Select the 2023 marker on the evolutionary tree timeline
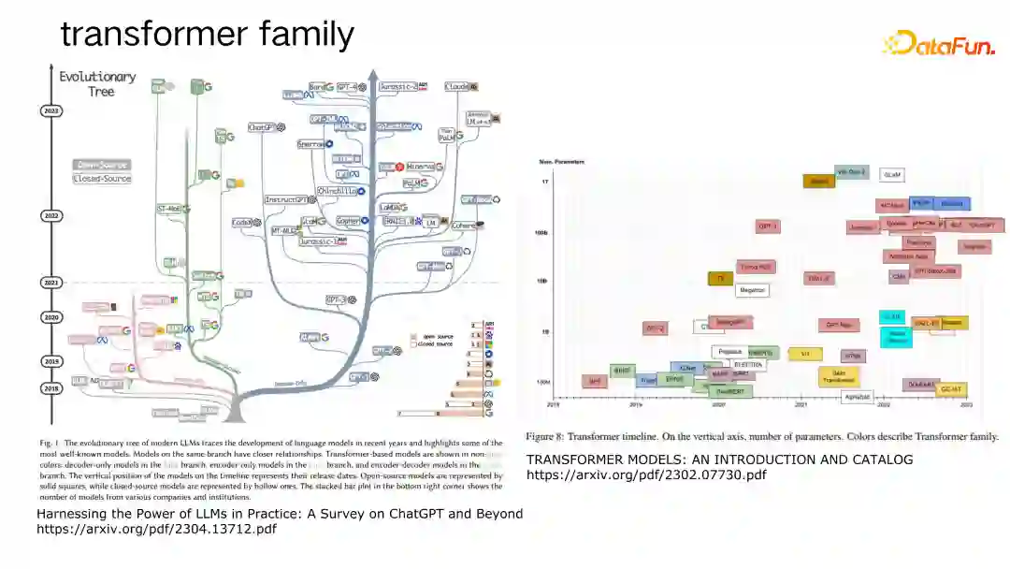coord(51,110)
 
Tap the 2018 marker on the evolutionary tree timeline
coord(51,387)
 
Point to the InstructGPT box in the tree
coord(287,199)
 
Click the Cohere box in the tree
coord(467,226)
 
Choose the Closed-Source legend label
coord(102,178)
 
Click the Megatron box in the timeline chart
coord(752,290)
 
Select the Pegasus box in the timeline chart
coord(730,352)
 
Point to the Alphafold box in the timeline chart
coord(857,396)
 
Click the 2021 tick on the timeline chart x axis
coord(801,405)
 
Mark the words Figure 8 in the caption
coord(544,436)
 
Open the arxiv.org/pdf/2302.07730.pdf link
coord(646,474)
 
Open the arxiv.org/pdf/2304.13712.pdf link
coord(156,529)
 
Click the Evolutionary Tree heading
coord(97,83)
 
